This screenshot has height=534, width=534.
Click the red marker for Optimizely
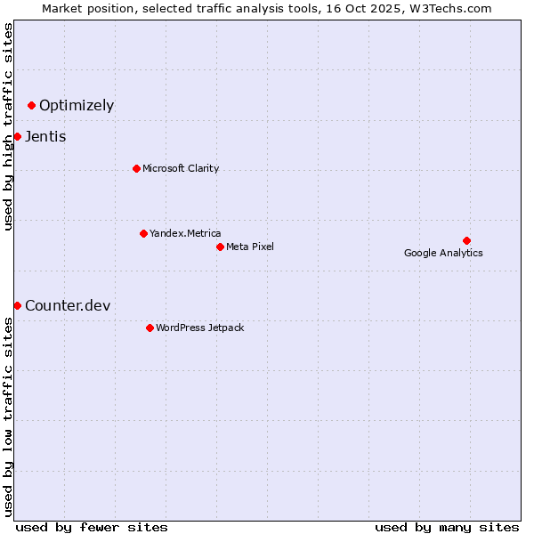tap(32, 106)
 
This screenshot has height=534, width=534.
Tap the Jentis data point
tap(17, 136)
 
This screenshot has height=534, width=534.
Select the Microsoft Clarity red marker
tap(136, 168)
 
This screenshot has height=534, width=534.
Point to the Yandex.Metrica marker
tap(143, 233)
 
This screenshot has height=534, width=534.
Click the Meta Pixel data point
tap(220, 247)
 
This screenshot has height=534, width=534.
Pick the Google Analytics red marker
tap(466, 240)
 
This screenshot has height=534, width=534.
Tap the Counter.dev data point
tap(17, 305)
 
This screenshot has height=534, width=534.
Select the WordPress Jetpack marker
tap(150, 328)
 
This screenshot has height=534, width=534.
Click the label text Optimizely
tap(77, 106)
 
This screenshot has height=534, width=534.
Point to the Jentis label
tap(45, 137)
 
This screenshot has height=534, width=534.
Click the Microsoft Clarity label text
tap(181, 168)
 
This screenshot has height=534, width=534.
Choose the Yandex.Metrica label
tap(185, 233)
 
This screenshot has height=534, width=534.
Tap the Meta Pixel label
tap(250, 247)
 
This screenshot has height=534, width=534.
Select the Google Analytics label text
tap(443, 253)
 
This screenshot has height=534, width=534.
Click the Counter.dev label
tap(68, 306)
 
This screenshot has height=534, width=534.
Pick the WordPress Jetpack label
tap(199, 328)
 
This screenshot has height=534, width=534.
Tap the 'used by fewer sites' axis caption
tap(92, 527)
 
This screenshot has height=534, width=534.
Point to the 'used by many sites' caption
tap(447, 527)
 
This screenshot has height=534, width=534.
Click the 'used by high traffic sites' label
tap(8, 126)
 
